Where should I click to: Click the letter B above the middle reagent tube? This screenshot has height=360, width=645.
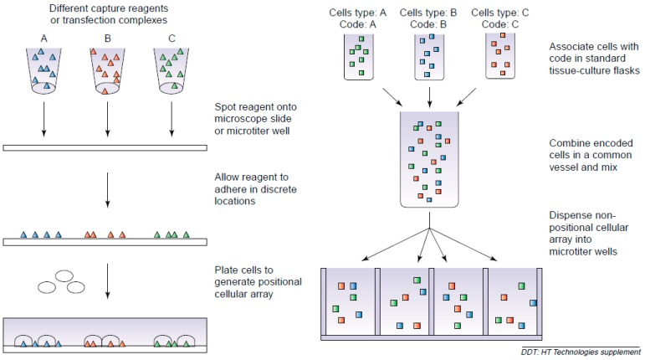click(x=106, y=38)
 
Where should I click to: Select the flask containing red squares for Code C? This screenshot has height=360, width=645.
click(x=500, y=55)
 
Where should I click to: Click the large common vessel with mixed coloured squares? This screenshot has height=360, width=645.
click(x=428, y=160)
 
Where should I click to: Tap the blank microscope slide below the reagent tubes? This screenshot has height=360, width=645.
click(x=106, y=147)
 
